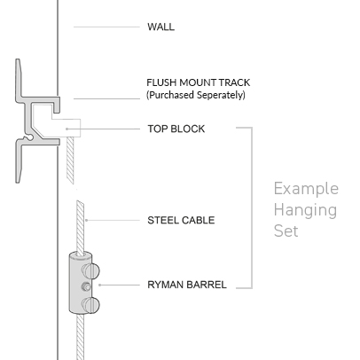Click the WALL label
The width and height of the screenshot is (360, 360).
[x=160, y=27]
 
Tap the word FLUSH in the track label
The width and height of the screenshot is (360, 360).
[x=161, y=82]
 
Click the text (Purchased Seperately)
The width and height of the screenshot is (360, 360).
[x=196, y=95]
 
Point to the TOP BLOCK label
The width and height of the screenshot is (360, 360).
[x=176, y=129]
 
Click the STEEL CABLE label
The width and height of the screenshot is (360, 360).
[x=181, y=220]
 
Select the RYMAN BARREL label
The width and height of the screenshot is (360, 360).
[x=187, y=285]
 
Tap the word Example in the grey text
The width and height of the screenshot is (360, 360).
[x=306, y=189]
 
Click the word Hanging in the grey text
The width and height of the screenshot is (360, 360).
[x=305, y=211]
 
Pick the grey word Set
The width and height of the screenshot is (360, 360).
[x=286, y=231]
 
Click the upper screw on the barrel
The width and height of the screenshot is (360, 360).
[x=90, y=271]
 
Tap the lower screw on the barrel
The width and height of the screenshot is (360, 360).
[x=90, y=305]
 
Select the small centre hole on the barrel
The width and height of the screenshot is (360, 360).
[x=86, y=286]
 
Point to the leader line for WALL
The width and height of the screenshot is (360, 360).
[x=106, y=27]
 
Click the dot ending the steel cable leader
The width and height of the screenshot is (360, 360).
[x=86, y=220]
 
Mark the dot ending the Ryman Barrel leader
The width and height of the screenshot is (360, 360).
[x=100, y=285]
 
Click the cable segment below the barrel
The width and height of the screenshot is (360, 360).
[x=81, y=337]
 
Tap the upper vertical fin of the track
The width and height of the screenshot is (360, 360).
[x=20, y=78]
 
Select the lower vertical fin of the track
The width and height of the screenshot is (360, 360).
[x=20, y=162]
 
